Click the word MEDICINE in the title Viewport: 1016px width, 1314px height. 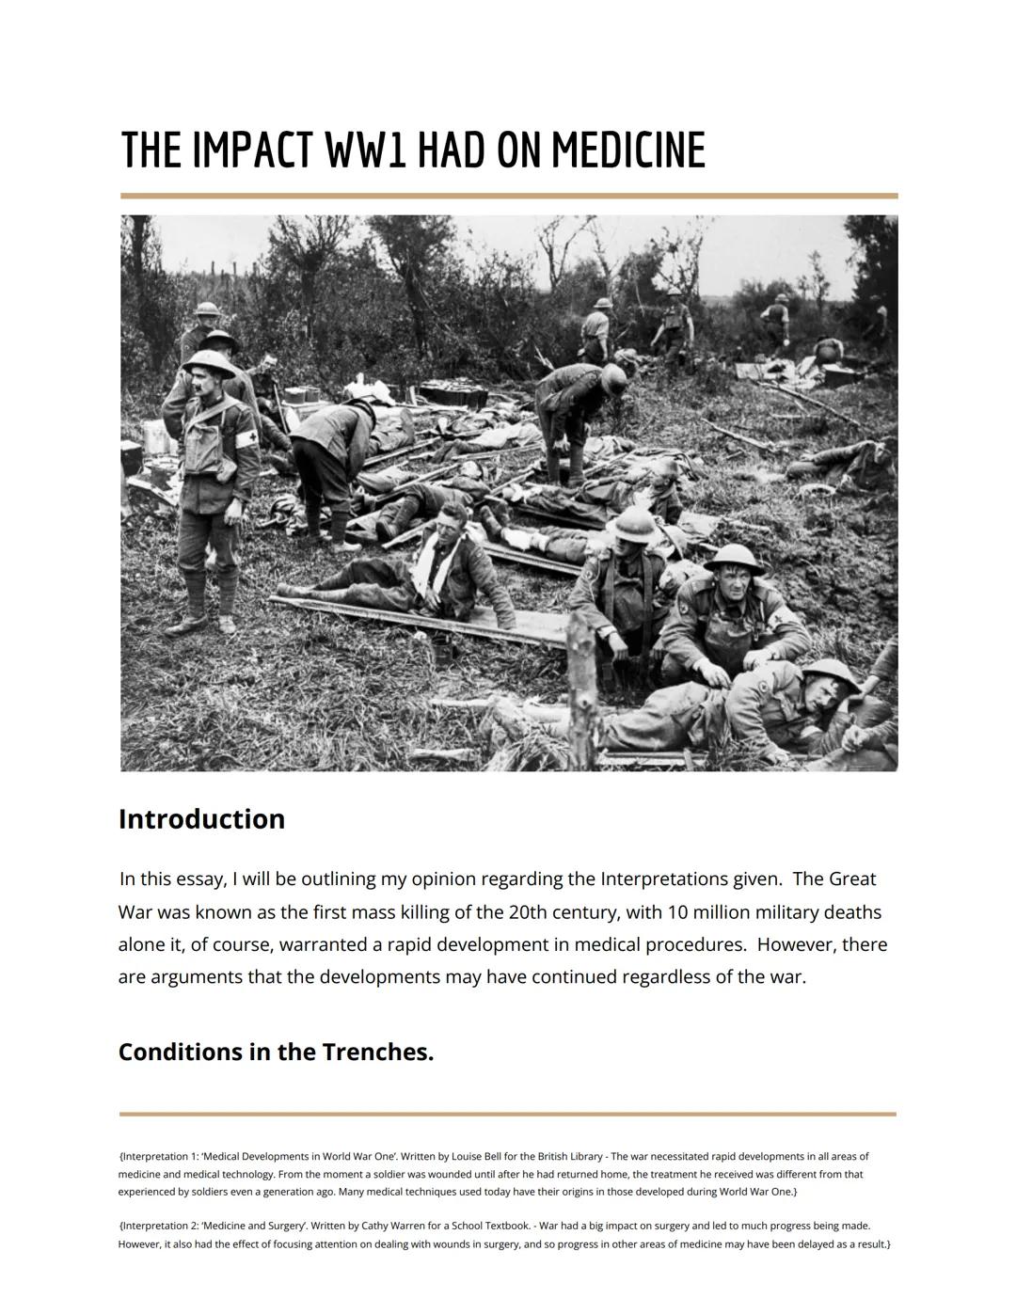click(x=627, y=150)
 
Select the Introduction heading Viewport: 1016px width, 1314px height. click(x=201, y=818)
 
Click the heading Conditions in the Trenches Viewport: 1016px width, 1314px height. click(x=276, y=1052)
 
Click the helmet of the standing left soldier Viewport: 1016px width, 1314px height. click(x=209, y=363)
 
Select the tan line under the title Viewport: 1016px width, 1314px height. click(x=508, y=196)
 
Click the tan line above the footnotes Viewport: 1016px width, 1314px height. click(x=508, y=1114)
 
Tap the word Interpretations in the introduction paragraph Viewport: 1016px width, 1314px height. click(x=662, y=879)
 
